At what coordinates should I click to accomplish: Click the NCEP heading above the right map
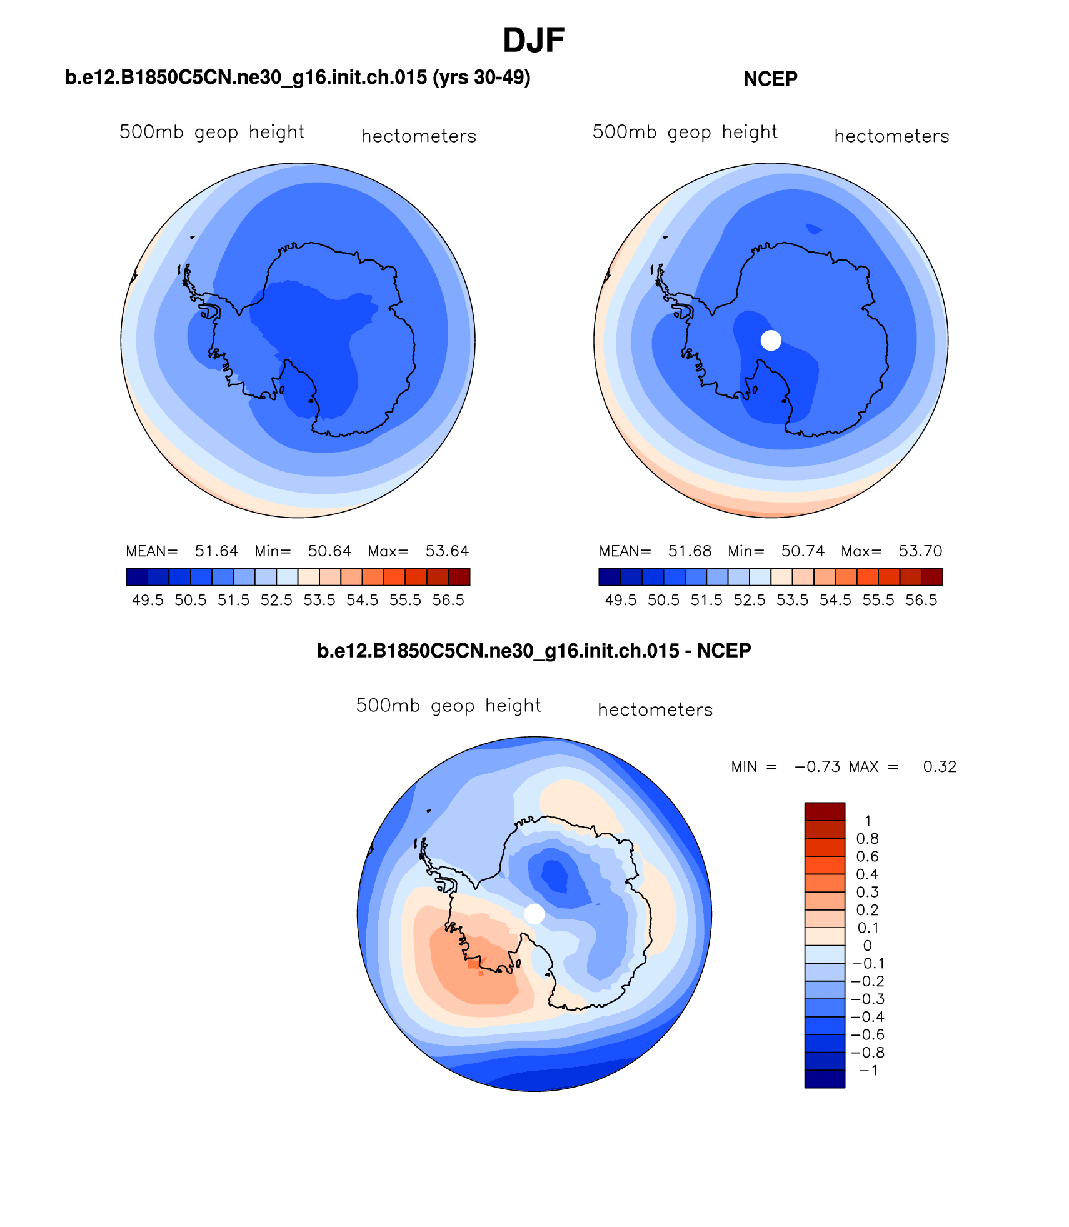click(770, 79)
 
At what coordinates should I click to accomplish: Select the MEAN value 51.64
click(216, 551)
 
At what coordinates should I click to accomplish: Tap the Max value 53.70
click(920, 551)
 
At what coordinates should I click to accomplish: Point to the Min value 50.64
click(329, 551)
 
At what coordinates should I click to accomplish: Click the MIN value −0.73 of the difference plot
click(817, 767)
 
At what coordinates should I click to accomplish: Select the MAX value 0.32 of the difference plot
click(940, 767)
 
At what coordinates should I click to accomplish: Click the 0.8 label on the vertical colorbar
click(867, 839)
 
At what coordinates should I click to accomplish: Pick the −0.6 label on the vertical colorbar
click(868, 1035)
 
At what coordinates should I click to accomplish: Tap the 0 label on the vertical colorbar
click(867, 946)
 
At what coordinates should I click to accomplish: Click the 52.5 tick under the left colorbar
click(276, 601)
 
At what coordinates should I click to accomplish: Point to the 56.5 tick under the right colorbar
click(921, 601)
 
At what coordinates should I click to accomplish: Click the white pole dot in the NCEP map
click(771, 340)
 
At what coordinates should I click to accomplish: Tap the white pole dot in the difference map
click(534, 914)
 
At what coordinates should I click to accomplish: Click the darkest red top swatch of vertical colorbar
click(825, 811)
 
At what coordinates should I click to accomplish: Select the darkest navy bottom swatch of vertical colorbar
click(825, 1079)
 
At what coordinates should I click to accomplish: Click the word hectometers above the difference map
click(655, 710)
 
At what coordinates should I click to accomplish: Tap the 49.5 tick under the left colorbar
click(148, 601)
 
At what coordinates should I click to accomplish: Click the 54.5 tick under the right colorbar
click(835, 601)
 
